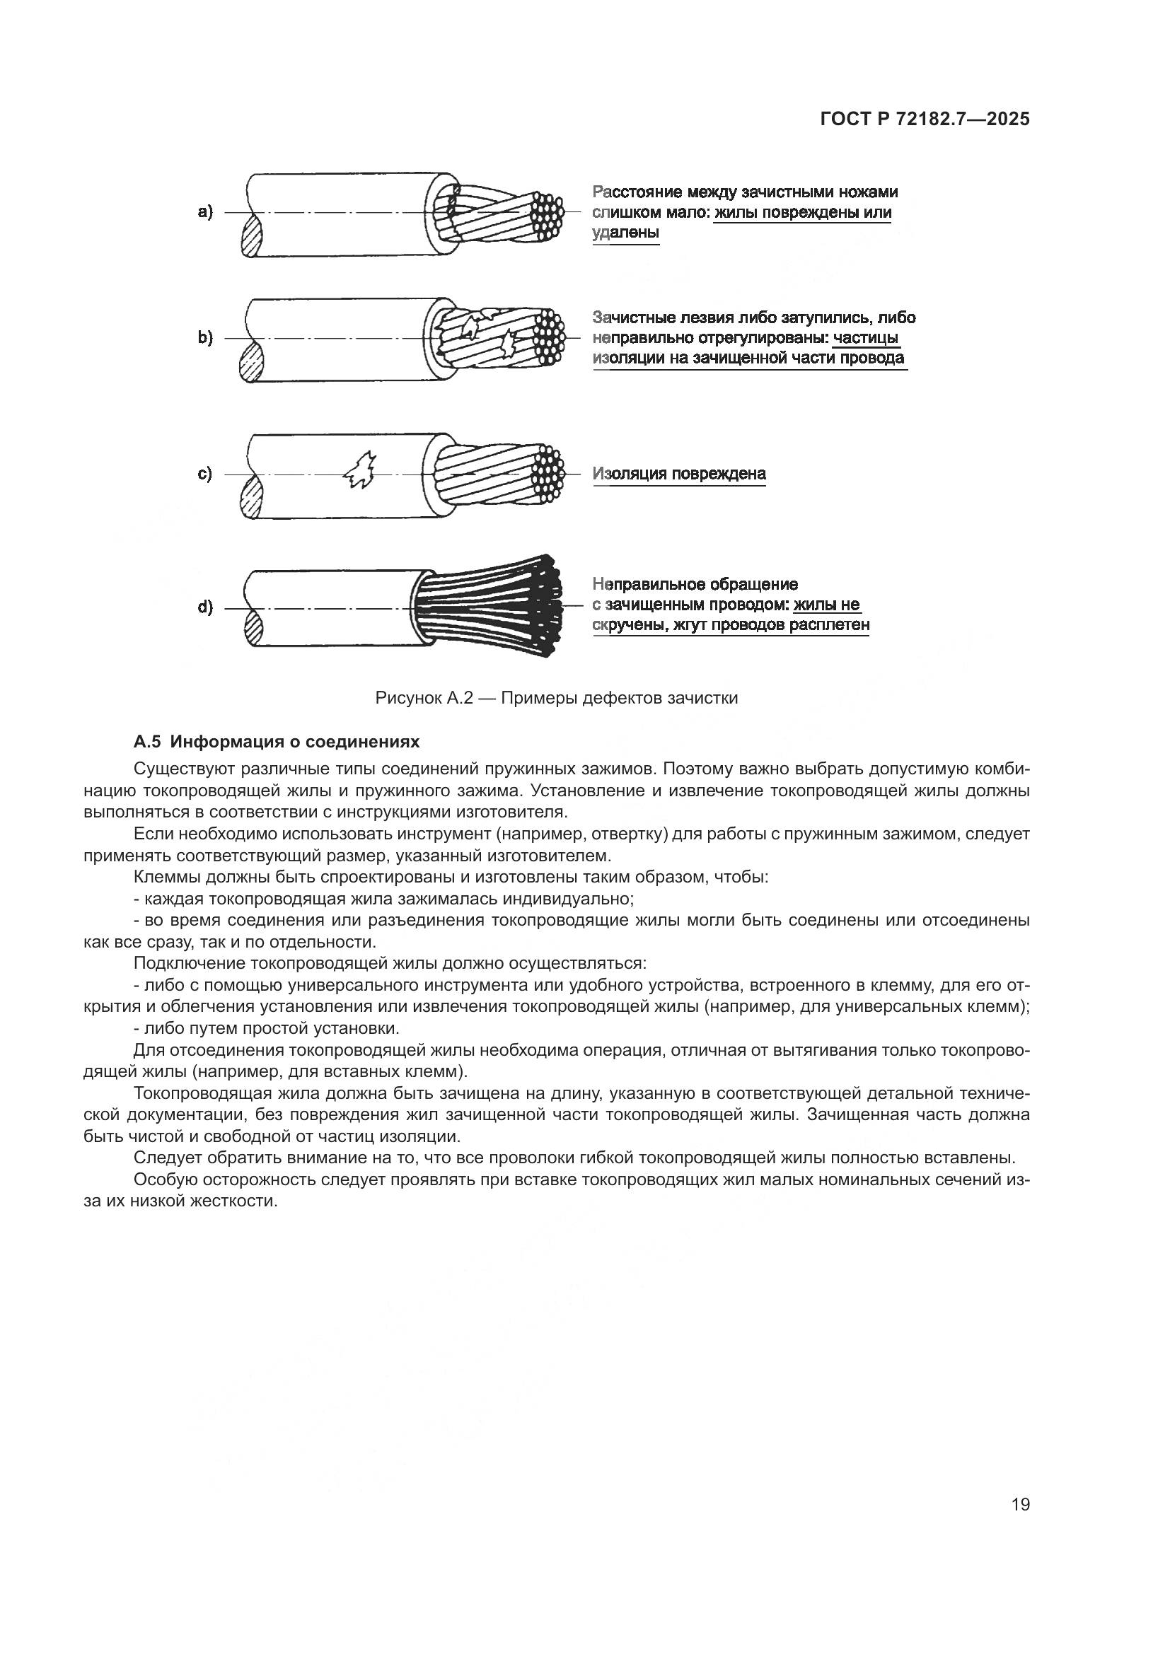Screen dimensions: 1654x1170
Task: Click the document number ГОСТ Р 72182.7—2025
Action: click(x=925, y=120)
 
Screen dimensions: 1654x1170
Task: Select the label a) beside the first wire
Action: click(x=205, y=212)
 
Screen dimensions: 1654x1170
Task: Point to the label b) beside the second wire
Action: click(x=205, y=338)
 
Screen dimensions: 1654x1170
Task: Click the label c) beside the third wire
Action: click(x=205, y=474)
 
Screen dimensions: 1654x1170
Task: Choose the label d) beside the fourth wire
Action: click(x=205, y=607)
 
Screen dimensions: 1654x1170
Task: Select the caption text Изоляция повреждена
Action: click(x=678, y=474)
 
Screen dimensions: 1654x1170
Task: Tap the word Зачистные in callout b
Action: click(x=633, y=318)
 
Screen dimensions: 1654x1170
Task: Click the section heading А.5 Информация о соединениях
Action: click(x=277, y=742)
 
